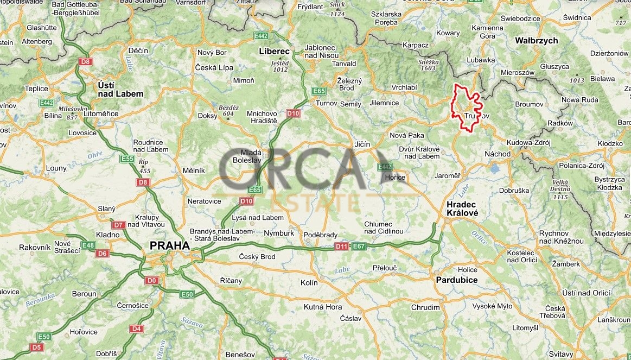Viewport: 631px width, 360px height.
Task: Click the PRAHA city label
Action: [x=170, y=245]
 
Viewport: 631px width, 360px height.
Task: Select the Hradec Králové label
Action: [x=462, y=209]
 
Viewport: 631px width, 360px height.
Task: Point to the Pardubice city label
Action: [x=457, y=280]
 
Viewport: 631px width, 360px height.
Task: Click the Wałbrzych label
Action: [x=536, y=41]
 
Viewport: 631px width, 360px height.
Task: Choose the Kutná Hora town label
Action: [x=323, y=307]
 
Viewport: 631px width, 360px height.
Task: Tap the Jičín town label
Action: [x=362, y=144]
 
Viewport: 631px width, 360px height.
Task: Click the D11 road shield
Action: [x=341, y=247]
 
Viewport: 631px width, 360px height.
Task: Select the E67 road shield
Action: [x=358, y=247]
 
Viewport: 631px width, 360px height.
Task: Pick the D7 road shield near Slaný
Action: [x=119, y=225]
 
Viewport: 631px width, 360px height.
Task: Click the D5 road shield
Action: [x=36, y=347]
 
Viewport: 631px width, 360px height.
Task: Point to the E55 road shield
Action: [x=128, y=159]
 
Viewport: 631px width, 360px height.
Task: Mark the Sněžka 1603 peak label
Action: [x=428, y=65]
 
